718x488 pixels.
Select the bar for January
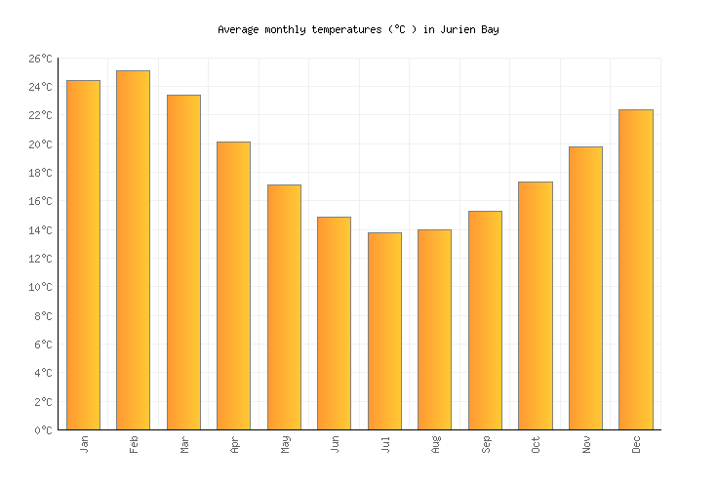tap(83, 255)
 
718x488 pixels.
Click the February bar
tap(133, 250)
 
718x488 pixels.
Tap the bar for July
tap(384, 331)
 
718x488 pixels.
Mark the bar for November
tap(585, 288)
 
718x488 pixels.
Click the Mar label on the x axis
tap(185, 444)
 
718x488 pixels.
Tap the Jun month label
tap(336, 444)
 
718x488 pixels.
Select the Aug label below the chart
tap(436, 444)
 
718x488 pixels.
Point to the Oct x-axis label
tap(537, 444)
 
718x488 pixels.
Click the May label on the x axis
tap(286, 444)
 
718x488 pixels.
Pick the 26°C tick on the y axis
tap(40, 59)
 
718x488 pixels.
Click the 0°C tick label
tap(43, 430)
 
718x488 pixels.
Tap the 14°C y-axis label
tap(40, 230)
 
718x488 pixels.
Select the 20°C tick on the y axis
tap(40, 144)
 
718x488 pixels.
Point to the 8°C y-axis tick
tap(43, 316)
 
